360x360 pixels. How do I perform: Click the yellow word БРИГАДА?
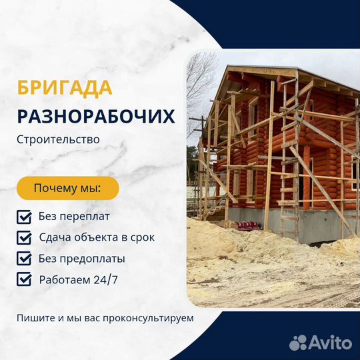(65, 88)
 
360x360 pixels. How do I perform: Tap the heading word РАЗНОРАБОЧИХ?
(96, 117)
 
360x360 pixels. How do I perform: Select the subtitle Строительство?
(58, 139)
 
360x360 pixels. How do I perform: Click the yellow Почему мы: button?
(68, 188)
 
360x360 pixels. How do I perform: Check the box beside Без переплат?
(24, 217)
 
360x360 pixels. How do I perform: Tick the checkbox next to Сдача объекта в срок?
(24, 237)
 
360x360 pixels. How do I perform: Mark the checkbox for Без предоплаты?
(24, 259)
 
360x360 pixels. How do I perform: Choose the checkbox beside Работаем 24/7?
(24, 279)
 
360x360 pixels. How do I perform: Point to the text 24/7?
(105, 279)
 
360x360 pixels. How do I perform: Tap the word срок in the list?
(143, 238)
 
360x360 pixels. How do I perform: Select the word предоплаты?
(92, 259)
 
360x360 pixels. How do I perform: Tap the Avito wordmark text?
(331, 343)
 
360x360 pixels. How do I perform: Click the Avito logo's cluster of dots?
(298, 343)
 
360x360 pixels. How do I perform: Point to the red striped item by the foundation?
(248, 225)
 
